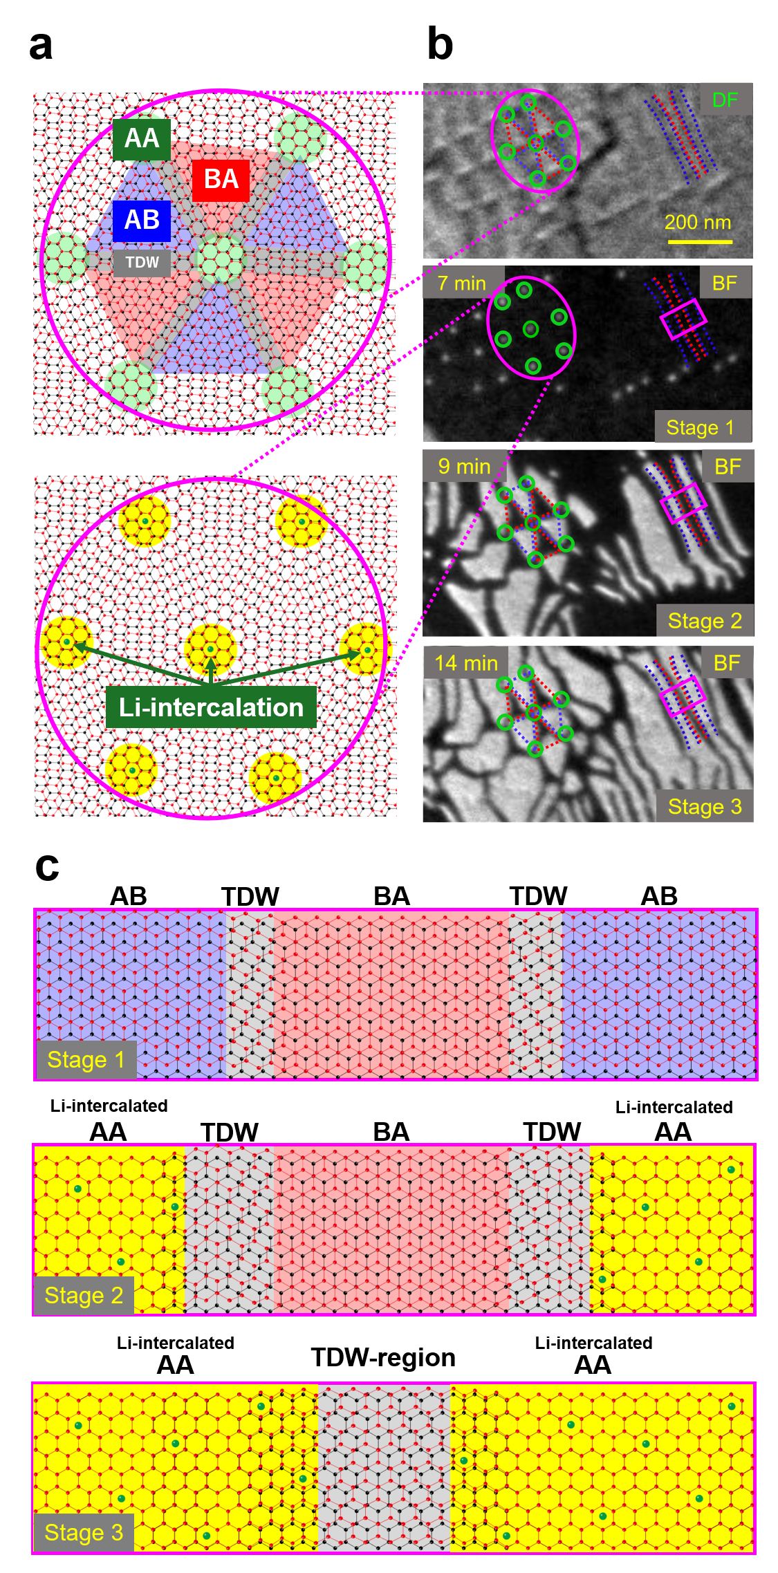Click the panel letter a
pos(41,46)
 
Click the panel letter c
pos(47,866)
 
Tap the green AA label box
pos(142,139)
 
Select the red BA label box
pos(221,180)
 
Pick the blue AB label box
pos(142,221)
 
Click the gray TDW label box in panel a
pos(142,263)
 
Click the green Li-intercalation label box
pos(211,707)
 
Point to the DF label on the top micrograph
pos(725,100)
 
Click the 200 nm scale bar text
pos(698,223)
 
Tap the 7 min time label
pos(462,283)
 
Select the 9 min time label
pos(464,467)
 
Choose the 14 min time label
pos(466,664)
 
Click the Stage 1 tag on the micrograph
pos(700,428)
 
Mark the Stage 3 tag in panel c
pos(84,1533)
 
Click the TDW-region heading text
pos(383,1357)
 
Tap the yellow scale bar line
pos(700,242)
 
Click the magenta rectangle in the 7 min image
pos(683,319)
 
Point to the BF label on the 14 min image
pos(727,664)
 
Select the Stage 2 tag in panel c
pos(84,1296)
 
